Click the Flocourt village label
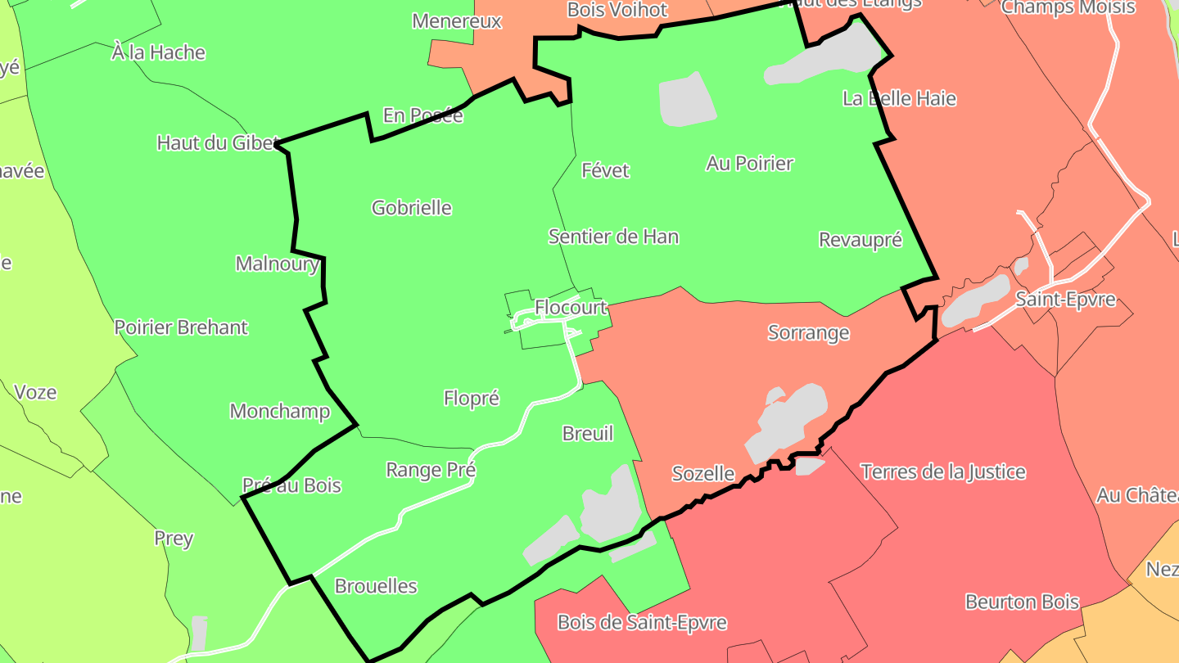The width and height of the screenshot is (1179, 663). (571, 308)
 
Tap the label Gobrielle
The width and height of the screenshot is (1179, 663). (412, 208)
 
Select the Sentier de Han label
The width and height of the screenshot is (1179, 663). (613, 237)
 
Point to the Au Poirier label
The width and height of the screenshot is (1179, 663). (749, 164)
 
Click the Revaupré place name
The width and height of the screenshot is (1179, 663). (860, 240)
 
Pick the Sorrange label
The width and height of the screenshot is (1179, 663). (808, 333)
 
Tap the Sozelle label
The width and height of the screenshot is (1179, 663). (702, 474)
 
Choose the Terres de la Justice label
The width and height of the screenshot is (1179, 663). (942, 471)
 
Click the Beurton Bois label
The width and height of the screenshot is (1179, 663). (1022, 602)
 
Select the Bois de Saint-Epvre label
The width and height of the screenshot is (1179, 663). (642, 622)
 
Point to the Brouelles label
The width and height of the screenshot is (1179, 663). (376, 587)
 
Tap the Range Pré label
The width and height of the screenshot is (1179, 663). (431, 471)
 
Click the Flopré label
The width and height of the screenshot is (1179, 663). (471, 399)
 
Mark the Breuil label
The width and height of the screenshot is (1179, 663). (587, 434)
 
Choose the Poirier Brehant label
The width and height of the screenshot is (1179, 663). (180, 327)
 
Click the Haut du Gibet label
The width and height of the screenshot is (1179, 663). (217, 143)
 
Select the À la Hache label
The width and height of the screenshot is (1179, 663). (158, 53)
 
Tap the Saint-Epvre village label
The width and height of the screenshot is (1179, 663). (1065, 300)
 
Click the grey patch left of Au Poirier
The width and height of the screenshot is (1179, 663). (686, 100)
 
